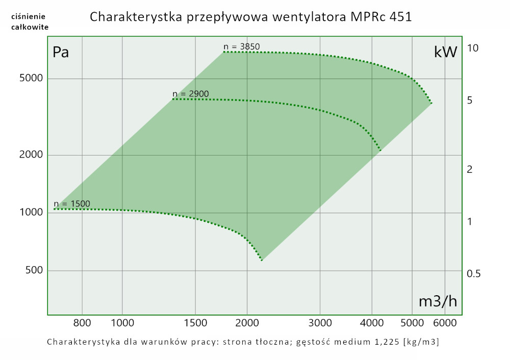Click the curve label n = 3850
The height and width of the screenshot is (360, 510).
pos(242,47)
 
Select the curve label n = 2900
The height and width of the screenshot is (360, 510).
pos(191,94)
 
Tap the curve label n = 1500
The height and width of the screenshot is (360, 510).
pos(72,204)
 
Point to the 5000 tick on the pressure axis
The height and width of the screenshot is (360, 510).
pos(32,79)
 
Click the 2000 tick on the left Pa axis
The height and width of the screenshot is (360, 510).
pos(32,155)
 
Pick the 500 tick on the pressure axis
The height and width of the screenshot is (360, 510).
pos(34,270)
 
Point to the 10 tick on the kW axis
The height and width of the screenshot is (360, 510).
pos(472,48)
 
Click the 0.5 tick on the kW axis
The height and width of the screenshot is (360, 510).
pos(474,274)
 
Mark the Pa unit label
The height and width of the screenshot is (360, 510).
pos(61,53)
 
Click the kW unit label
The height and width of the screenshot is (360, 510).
pos(445,52)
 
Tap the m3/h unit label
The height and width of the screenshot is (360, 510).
pos(438,301)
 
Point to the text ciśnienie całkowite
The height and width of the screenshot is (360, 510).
pos(30,22)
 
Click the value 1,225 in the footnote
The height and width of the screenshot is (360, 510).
pos(386,342)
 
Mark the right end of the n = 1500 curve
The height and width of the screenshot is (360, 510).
pos(262,260)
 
